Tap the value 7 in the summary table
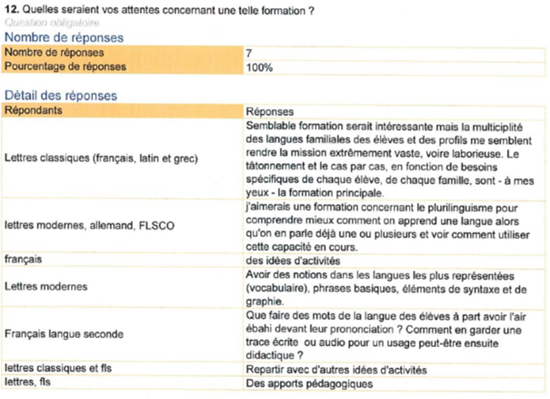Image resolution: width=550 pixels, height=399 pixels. [249, 54]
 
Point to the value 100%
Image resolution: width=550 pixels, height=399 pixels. [259, 67]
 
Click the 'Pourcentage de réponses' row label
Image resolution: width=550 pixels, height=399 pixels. [64, 67]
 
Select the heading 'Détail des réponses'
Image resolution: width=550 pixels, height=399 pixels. [60, 95]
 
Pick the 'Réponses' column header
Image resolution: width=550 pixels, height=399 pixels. [270, 110]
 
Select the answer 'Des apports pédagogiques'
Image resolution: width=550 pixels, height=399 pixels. [309, 384]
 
